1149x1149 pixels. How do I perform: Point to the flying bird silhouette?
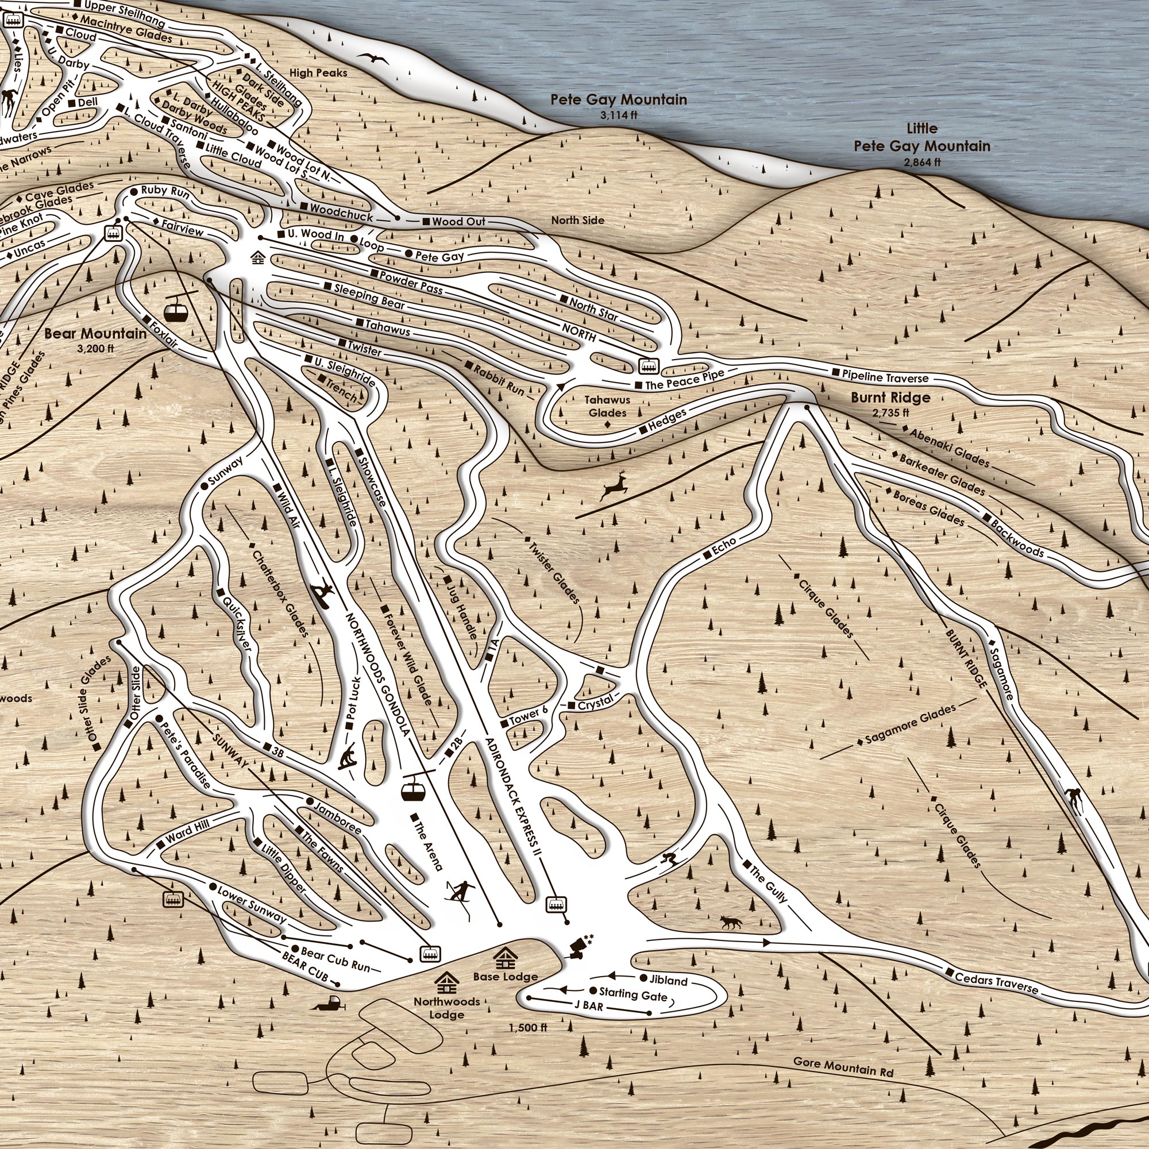tap(372, 58)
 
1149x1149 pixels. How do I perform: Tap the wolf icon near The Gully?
tap(731, 923)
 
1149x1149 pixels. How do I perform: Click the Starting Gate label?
tap(633, 993)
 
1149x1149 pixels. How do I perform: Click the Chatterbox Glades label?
tap(280, 592)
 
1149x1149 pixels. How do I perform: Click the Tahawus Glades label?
tap(607, 406)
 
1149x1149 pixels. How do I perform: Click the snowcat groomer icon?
tap(327, 1004)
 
